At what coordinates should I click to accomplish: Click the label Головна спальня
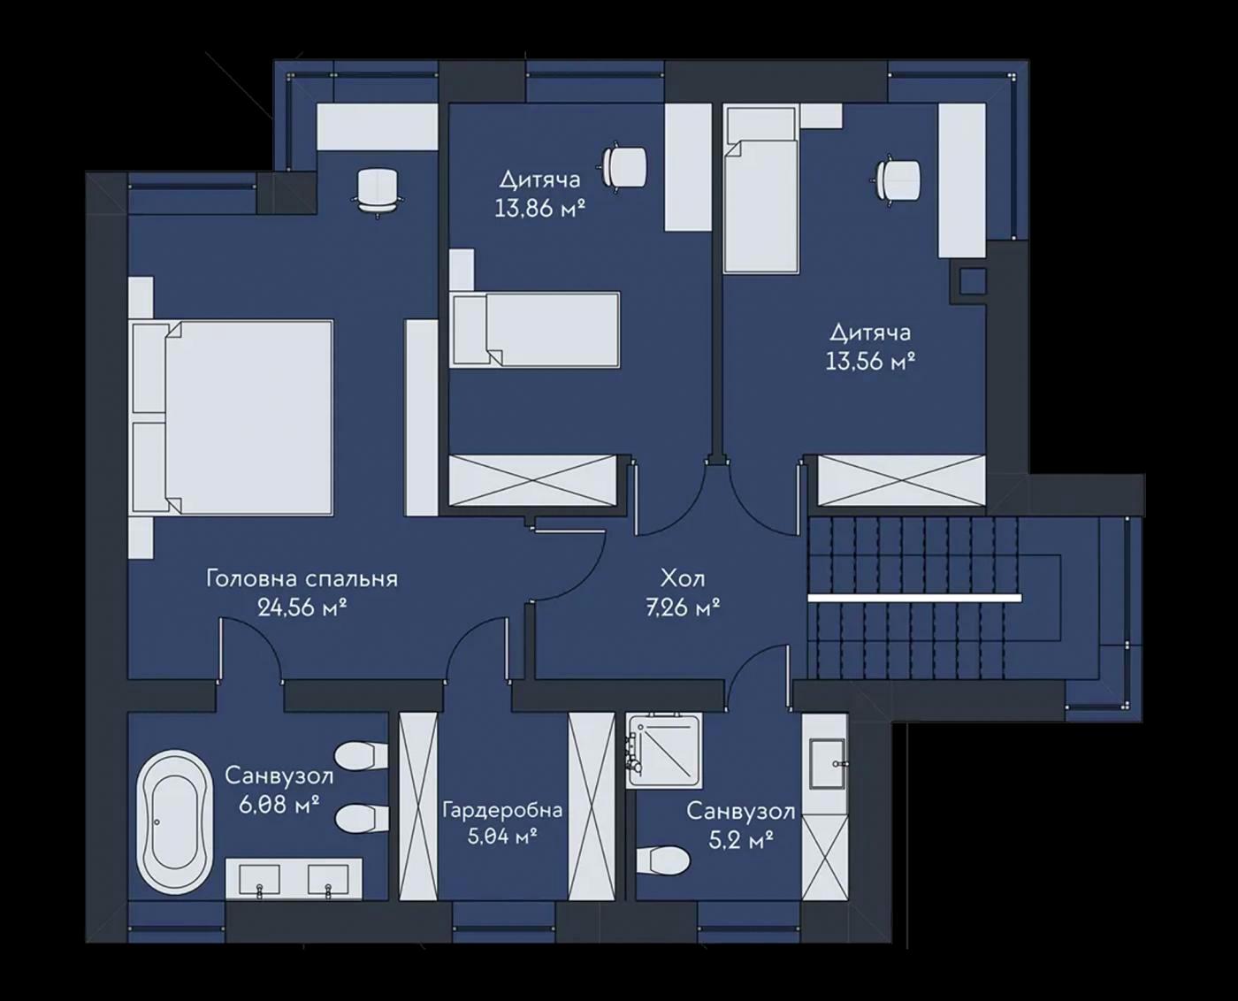click(302, 579)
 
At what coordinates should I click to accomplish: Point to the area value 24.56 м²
click(302, 608)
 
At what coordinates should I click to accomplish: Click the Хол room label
click(683, 579)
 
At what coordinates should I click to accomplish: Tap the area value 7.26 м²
click(683, 608)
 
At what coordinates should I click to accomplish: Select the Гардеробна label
click(502, 810)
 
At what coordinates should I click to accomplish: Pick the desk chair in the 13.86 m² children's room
click(623, 166)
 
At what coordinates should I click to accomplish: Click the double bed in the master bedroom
click(233, 416)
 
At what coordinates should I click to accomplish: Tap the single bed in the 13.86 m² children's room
click(535, 330)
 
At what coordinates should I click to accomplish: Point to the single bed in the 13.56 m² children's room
click(760, 189)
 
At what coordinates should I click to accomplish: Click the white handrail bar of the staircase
click(914, 598)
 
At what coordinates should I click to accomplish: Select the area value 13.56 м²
click(871, 362)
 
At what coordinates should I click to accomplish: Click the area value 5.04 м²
click(502, 837)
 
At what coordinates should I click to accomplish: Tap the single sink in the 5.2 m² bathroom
click(827, 764)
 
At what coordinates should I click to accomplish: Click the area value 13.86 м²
click(539, 208)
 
